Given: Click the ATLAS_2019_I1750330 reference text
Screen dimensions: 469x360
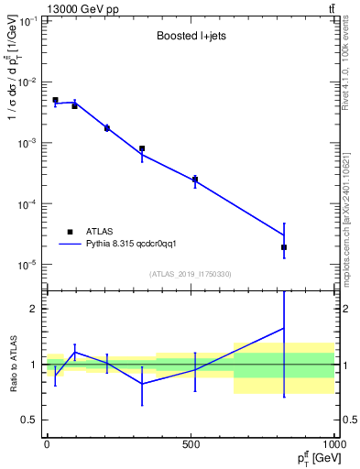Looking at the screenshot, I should pos(190,274).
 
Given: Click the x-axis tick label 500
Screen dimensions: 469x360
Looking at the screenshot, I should pos(191,444).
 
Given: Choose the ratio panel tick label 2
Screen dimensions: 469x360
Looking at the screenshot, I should pos(33,309).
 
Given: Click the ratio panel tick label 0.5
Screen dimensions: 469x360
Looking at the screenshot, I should pos(29,420).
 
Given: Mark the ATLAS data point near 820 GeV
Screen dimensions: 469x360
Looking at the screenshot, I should pos(284,247).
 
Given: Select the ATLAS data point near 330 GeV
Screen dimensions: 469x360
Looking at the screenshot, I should pos(142,148).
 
